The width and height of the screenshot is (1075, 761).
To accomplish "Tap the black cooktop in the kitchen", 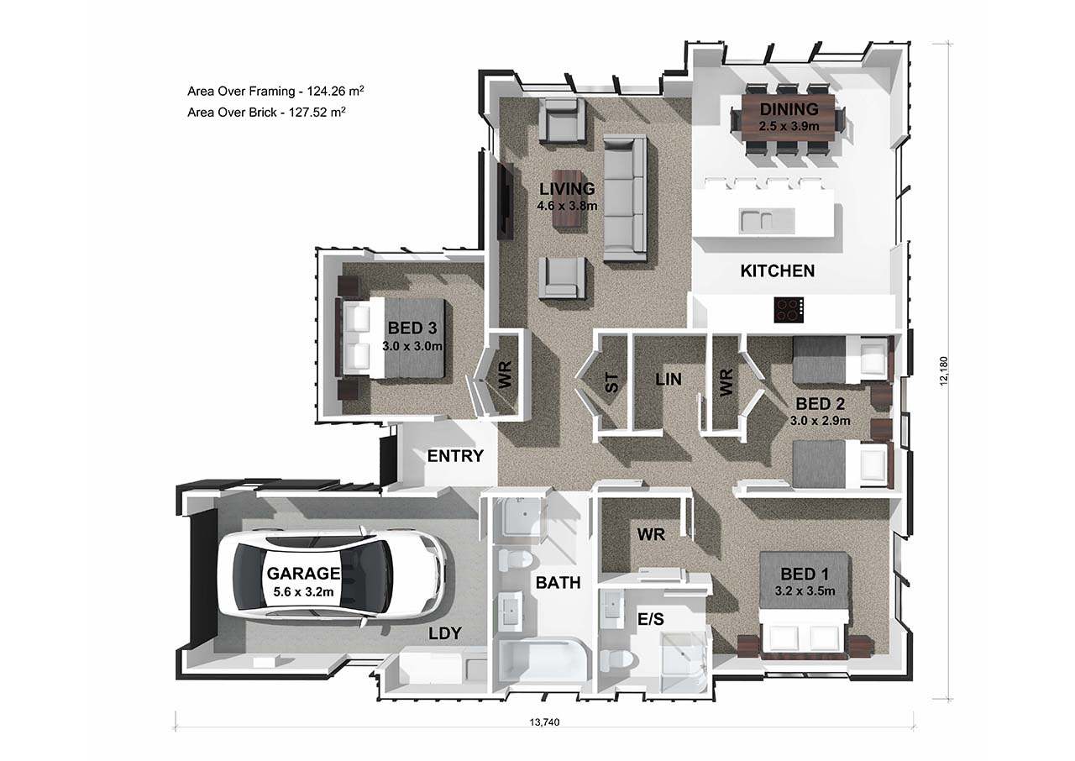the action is (x=789, y=310).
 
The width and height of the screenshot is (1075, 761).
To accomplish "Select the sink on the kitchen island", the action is (x=767, y=221).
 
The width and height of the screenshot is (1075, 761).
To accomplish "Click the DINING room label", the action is (x=789, y=109).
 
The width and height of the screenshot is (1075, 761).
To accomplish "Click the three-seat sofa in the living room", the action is (x=625, y=197).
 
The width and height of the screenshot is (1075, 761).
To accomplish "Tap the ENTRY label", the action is (x=455, y=456).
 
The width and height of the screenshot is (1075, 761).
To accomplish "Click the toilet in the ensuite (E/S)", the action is (x=618, y=660).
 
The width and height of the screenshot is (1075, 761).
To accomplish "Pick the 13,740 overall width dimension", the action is (x=544, y=722).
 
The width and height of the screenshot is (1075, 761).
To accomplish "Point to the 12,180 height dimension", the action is (x=944, y=370).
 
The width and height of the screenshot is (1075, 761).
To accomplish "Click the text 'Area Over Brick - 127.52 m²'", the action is (x=266, y=113).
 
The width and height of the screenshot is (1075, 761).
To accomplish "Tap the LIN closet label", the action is (x=668, y=380).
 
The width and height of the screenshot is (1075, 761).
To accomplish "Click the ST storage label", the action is (x=612, y=383).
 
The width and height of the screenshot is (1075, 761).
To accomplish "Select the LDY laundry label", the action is (x=444, y=633).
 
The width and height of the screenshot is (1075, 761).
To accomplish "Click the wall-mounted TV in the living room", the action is (x=505, y=201).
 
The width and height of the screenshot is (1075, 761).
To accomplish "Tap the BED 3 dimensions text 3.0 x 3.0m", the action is (x=412, y=345).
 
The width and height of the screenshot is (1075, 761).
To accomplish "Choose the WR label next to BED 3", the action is (x=505, y=375).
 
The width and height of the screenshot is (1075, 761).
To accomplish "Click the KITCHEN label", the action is (x=778, y=271).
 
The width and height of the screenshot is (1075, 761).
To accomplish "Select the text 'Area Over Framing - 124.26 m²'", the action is (x=275, y=91).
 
